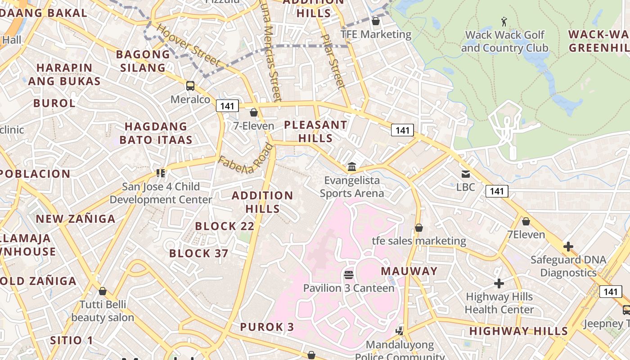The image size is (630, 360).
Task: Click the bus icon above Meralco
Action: (190, 85)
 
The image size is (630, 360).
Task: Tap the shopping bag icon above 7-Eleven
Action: (254, 112)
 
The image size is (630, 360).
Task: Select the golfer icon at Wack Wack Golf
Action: (504, 21)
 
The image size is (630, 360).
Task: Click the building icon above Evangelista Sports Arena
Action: (352, 167)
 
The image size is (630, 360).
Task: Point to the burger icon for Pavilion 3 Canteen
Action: (349, 274)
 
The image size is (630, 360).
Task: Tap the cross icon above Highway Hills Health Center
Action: (499, 283)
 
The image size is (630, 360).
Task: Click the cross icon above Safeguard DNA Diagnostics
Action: (568, 247)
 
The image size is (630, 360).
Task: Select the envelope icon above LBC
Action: (466, 174)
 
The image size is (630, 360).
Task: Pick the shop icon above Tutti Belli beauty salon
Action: (103, 291)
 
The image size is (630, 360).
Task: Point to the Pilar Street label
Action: (333, 61)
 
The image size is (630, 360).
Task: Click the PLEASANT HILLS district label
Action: (315, 131)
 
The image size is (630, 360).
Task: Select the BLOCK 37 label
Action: (199, 253)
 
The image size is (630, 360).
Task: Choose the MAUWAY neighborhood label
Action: (409, 271)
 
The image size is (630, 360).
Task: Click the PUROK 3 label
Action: (267, 327)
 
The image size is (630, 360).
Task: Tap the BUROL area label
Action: (54, 103)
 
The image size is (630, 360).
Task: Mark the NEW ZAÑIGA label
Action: (76, 219)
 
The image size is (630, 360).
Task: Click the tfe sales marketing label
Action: (419, 241)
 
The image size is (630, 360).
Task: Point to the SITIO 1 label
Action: (72, 340)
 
